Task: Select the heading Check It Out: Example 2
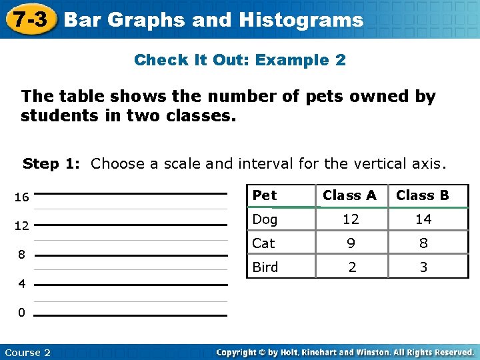tap(240, 60)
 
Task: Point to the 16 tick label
tap(21, 197)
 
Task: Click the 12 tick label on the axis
tap(21, 226)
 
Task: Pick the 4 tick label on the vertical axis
tap(22, 284)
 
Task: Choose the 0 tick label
tap(22, 313)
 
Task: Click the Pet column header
tap(265, 195)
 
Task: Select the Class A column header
tap(349, 195)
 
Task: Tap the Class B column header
tap(423, 195)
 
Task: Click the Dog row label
tap(265, 219)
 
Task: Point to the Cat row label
tap(263, 243)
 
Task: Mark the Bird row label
tap(265, 267)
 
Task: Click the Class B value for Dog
tap(423, 219)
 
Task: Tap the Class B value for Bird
tap(423, 267)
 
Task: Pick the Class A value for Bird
tap(352, 267)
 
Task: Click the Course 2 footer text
tap(27, 352)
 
